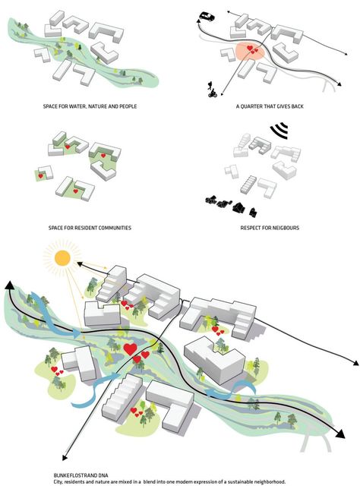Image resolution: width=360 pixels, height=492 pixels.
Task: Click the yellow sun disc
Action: (x=62, y=258)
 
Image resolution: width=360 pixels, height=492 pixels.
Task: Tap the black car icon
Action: (x=207, y=16)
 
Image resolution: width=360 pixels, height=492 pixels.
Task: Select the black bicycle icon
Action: (x=213, y=93)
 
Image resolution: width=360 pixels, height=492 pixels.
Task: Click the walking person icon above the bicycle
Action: (x=210, y=84)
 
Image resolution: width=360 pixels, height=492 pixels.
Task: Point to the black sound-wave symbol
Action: (x=279, y=131)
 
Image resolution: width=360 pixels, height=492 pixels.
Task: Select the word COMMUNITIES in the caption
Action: (x=115, y=228)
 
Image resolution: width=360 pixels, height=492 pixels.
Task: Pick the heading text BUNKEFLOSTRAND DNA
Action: (x=81, y=476)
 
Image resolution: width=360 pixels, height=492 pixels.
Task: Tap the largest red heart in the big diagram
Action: (x=130, y=348)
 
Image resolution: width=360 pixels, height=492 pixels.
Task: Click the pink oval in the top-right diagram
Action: (x=251, y=51)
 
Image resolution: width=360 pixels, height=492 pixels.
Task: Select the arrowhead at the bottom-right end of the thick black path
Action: (x=339, y=434)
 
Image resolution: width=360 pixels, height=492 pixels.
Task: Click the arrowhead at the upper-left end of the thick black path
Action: (x=9, y=285)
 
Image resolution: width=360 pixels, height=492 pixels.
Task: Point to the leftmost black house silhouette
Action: (x=211, y=200)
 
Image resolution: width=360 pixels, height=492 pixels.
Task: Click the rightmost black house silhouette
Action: (x=253, y=213)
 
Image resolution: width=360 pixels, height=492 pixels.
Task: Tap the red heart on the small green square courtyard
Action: (x=40, y=176)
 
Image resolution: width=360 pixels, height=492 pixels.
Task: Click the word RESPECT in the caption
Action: (x=250, y=228)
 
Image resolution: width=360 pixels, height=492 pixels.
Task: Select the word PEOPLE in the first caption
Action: (x=128, y=106)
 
